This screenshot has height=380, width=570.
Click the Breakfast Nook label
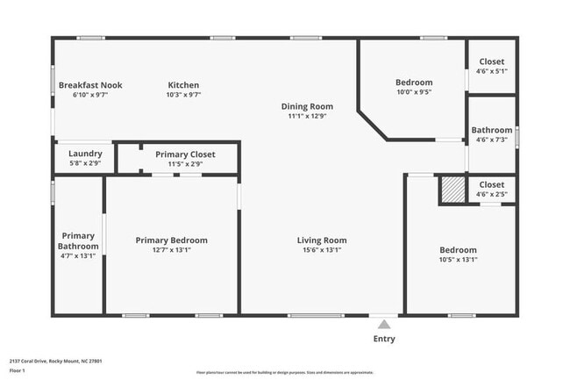click(x=90, y=85)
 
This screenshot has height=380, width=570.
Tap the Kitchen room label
click(x=184, y=85)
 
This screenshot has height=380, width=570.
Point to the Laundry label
click(x=85, y=154)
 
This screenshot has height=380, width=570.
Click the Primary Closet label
click(x=185, y=154)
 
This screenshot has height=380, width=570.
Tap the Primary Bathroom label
click(x=78, y=240)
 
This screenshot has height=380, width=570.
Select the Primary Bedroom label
click(x=171, y=240)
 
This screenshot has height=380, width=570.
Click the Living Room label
click(x=322, y=240)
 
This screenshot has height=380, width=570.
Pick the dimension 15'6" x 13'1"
click(x=322, y=250)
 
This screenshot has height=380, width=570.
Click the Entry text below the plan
click(x=384, y=339)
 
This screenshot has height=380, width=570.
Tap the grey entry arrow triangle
click(x=381, y=324)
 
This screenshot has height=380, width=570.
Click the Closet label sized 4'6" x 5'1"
click(x=491, y=61)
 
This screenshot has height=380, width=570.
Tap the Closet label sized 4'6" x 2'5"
click(x=491, y=184)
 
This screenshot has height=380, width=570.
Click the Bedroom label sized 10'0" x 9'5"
click(x=414, y=82)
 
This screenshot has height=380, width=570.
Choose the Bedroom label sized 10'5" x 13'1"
click(x=459, y=250)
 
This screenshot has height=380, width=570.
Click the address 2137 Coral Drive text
click(x=44, y=361)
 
